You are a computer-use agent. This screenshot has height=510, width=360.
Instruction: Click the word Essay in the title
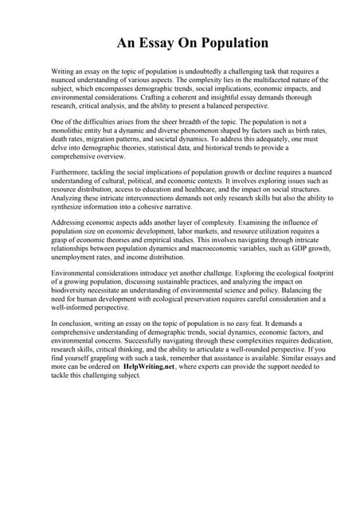[158, 42]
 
